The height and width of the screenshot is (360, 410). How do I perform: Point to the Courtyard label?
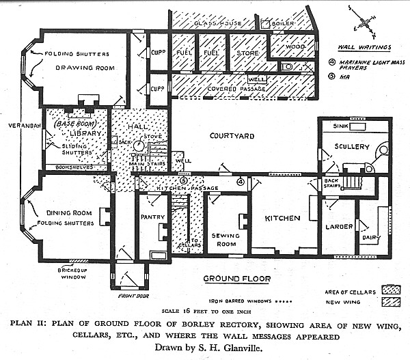coord(231,136)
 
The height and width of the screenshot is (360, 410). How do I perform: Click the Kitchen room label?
coord(282,219)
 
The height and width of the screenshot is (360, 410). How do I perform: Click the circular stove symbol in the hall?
coord(138,146)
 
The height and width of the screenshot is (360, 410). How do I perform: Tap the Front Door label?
coord(130,295)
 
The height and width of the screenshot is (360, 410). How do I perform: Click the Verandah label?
coord(20,126)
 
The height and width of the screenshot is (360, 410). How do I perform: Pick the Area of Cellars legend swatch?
coord(391,291)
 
